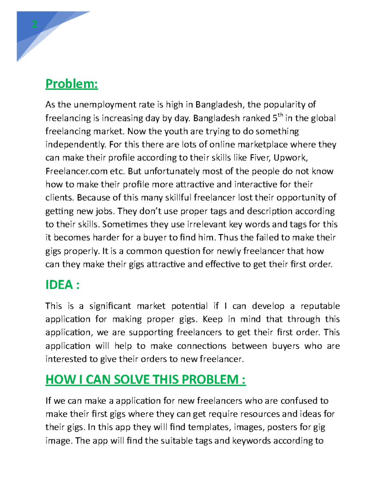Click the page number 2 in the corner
(x=34, y=24)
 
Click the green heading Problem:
(x=71, y=84)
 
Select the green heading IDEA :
(x=62, y=285)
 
